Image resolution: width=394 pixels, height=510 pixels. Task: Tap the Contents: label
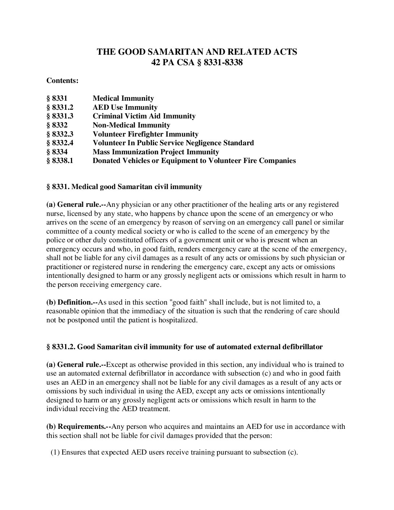coord(62,80)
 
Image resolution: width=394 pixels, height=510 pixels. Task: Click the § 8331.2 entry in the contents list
coord(60,107)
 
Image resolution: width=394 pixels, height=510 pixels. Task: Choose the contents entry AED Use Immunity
coord(125,107)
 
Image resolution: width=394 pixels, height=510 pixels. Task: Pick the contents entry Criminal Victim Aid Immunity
coord(144,116)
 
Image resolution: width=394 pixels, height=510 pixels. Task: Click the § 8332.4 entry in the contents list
coord(60,143)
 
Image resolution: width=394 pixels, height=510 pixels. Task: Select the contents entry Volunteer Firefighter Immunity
coord(145,134)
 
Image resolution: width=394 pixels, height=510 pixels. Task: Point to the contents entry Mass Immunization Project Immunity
coord(156,152)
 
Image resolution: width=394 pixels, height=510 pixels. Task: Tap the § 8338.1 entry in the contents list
coord(60,160)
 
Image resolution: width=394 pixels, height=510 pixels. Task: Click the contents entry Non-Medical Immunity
coord(131,125)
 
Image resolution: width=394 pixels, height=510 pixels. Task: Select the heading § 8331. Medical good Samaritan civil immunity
coord(124,187)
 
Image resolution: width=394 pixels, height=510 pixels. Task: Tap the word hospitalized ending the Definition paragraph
coord(179,320)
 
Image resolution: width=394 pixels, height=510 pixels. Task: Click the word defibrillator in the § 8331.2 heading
coord(302,347)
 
